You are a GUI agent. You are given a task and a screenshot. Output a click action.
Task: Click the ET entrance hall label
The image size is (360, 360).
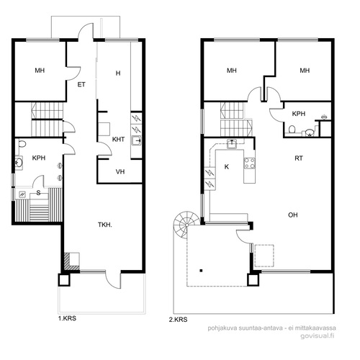pos(81,84)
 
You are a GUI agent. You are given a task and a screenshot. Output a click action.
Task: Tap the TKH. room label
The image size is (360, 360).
pos(105,225)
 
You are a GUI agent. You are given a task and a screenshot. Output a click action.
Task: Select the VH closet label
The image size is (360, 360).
pos(120,171)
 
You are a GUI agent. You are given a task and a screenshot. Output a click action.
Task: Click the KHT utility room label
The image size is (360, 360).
pos(118,139)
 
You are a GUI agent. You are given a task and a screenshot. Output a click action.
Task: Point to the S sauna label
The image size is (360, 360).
pos(38,193)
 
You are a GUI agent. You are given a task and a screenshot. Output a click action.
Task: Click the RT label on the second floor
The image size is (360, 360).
pos(299,158)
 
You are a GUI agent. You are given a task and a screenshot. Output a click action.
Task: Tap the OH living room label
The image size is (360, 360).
pos(293,215)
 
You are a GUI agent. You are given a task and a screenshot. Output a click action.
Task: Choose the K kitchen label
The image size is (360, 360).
pos(227,167)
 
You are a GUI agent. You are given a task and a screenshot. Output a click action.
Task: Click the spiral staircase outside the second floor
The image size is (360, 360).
pos(186,225)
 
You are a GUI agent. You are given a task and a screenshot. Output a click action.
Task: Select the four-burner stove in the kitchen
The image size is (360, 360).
pos(250,163)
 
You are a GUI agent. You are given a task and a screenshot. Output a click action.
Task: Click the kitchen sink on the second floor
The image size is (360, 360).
pos(232,144)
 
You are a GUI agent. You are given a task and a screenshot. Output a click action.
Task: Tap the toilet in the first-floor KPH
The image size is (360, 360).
pos(22,144)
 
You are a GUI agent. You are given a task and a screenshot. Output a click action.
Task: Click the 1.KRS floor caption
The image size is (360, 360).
pos(67,318)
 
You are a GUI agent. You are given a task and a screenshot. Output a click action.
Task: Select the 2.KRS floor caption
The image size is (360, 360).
pos(178,320)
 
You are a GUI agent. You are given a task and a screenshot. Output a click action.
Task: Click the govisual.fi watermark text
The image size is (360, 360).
pos(318,336)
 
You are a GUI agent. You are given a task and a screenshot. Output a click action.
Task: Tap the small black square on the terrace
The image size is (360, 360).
pos(201,271)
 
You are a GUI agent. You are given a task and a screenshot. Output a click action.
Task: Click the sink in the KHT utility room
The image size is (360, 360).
pos(136,140)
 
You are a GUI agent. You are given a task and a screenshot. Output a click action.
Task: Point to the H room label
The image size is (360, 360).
pos(118,73)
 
